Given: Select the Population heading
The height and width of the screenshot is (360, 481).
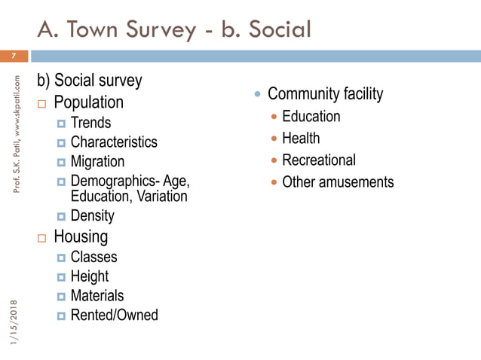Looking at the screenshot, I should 89,102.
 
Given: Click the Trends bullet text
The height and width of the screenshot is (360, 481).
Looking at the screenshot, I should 90,123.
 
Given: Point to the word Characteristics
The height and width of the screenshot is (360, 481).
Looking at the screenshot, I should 114,142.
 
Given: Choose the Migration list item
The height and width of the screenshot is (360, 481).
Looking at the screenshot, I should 97,162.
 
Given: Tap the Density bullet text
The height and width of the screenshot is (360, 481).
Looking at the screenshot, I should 92,216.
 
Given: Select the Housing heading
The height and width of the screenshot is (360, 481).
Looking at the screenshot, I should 80,236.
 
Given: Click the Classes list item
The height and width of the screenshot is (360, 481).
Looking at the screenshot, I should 93,257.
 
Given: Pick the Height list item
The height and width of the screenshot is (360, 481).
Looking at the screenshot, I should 89,276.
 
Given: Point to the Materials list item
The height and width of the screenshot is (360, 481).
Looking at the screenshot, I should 97,296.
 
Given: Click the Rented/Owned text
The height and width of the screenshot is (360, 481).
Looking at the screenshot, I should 114,316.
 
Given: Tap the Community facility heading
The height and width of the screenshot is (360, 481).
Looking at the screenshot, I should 325,94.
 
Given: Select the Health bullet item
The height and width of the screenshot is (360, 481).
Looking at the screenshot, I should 301,139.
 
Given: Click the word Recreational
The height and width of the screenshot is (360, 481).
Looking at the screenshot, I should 318,160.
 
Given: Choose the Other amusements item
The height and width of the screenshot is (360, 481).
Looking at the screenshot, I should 338,182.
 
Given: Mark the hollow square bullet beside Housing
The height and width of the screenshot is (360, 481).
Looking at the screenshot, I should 42,238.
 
